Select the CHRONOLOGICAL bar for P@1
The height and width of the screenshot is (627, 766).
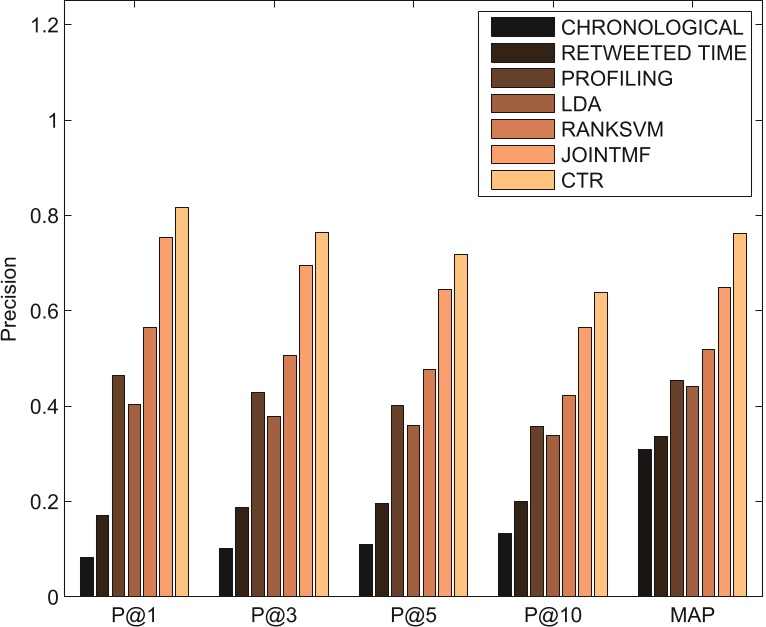point(87,577)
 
